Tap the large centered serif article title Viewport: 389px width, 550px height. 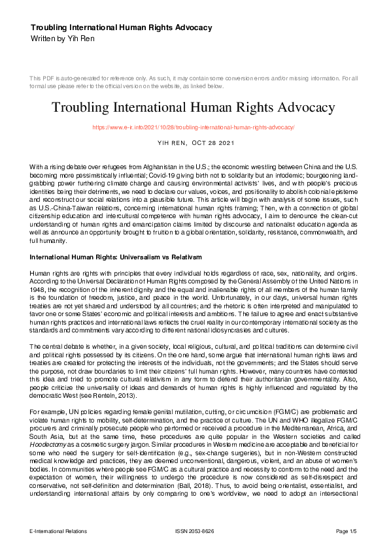(x=194, y=106)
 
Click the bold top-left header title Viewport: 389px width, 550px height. (x=121, y=27)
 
